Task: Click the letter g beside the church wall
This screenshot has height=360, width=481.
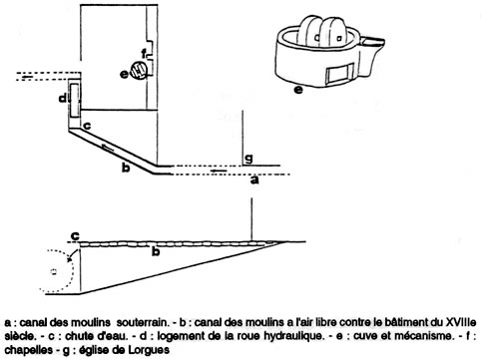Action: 248,159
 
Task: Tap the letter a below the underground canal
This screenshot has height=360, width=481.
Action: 254,180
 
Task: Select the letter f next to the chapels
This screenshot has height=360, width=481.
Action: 144,54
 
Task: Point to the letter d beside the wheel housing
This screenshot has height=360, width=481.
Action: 63,99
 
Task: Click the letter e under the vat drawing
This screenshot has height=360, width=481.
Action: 298,90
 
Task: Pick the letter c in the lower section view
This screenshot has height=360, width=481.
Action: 76,236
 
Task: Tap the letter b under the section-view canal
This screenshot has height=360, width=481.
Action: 156,251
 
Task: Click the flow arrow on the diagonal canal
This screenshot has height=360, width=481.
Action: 108,148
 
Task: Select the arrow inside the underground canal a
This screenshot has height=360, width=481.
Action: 220,171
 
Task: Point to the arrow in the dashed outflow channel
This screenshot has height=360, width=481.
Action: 27,77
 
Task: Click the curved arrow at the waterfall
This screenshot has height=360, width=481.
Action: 71,256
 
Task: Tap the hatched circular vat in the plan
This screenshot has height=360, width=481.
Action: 139,70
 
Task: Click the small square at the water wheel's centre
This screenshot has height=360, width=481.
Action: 54,272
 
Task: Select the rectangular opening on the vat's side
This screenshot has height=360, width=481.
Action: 339,75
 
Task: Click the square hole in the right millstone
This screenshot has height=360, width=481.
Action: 339,39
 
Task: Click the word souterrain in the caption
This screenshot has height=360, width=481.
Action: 142,322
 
